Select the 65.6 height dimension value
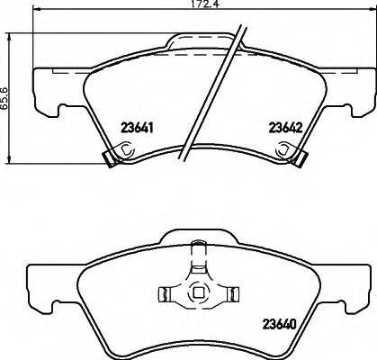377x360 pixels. tap(6, 92)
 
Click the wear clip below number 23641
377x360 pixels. tap(112, 160)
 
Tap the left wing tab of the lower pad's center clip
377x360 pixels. tap(167, 292)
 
